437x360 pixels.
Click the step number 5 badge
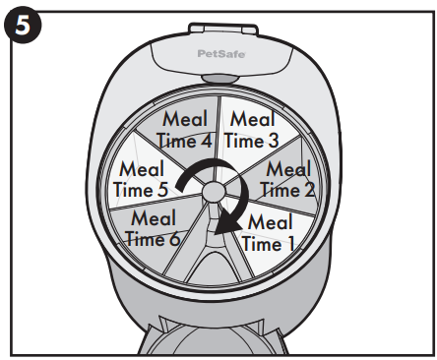[x=22, y=22]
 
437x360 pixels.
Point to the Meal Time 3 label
[x=252, y=129]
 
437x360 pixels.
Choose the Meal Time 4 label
[x=186, y=129]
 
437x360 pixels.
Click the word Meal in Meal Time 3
[x=253, y=119]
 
